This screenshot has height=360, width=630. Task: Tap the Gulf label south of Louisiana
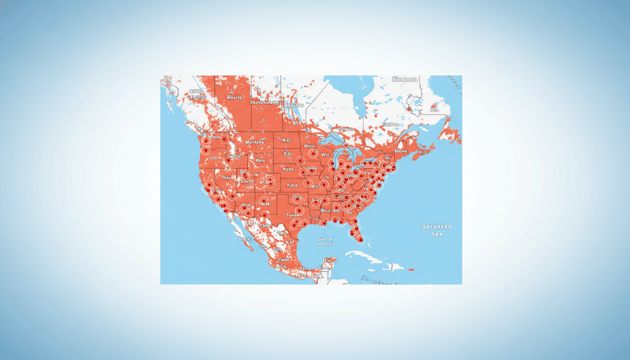coord(325,241)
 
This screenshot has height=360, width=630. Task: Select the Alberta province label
coord(234,97)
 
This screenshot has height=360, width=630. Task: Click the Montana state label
coord(254,142)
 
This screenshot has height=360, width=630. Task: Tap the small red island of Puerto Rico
coord(412,270)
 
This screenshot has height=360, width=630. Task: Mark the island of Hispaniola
coord(393,267)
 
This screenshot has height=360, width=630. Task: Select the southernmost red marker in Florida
coord(360,240)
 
